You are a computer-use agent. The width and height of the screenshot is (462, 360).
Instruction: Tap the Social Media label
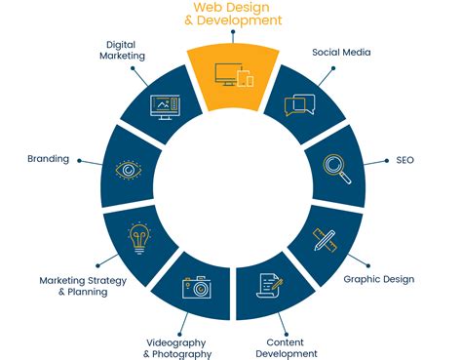[x=341, y=52]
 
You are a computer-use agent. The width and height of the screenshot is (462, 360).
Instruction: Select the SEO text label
[x=404, y=159]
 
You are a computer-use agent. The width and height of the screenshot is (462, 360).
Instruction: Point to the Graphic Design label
[x=379, y=279]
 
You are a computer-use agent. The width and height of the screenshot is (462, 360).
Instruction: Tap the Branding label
[x=49, y=159]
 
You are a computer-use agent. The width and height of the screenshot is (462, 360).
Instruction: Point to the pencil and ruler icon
[x=324, y=238]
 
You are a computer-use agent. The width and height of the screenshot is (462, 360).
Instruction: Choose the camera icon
[x=196, y=286]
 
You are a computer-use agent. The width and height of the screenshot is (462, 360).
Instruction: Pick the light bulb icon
[x=139, y=236]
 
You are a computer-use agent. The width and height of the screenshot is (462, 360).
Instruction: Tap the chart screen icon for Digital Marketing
[x=163, y=104]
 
